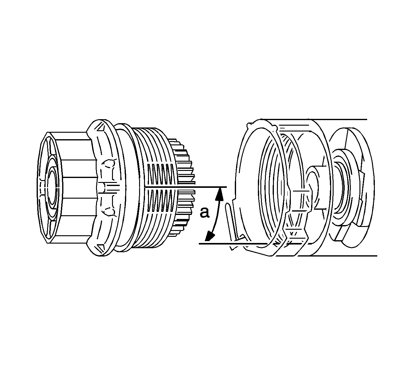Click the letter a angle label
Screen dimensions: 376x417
click(x=204, y=212)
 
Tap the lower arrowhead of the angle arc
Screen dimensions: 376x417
click(x=209, y=237)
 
